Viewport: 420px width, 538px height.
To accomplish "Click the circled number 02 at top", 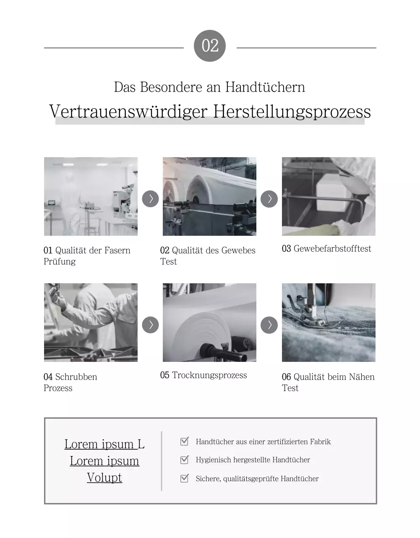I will coord(210,46).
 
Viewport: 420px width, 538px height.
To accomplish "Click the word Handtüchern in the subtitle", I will coord(265,87).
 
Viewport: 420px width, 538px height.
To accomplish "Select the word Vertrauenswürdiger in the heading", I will coord(128,112).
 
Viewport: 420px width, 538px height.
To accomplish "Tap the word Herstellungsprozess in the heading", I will coord(292,112).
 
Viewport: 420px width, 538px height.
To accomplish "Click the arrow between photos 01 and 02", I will coord(150,198).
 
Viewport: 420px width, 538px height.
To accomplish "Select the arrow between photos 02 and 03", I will coord(269,198).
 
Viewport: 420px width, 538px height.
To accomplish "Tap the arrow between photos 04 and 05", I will coord(150,324).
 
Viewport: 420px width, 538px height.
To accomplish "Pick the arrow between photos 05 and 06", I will coord(269,324).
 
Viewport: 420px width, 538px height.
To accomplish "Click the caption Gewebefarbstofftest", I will coord(332,249).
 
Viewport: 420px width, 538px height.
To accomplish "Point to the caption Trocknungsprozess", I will coord(209,375).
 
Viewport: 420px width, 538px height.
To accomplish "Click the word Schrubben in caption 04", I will coord(76,377).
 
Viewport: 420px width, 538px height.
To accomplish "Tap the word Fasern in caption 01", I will coord(117,251).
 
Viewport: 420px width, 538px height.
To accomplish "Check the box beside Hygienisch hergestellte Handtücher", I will coord(184,460).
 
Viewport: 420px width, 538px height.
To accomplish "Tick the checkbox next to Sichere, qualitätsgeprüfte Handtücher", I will coord(184,478).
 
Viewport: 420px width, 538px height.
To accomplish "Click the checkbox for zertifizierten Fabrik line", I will coord(184,441).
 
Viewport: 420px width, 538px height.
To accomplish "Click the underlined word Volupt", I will coord(104,477).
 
